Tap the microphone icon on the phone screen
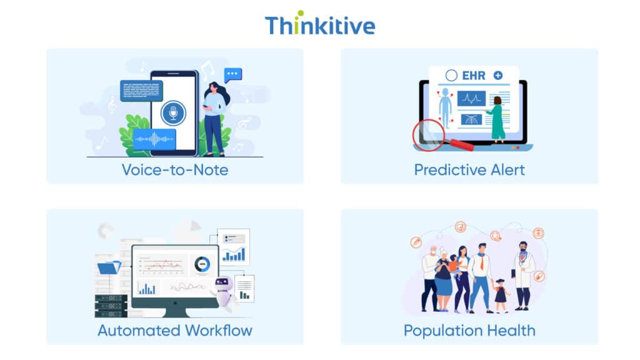tap(172, 113)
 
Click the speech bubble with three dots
tap(232, 74)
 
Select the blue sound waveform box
tap(154, 139)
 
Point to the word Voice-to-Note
tap(174, 169)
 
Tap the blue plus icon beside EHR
tap(498, 75)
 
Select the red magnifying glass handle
tap(461, 144)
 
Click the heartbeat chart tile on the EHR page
tap(471, 99)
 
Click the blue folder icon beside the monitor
tap(109, 267)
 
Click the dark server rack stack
tap(112, 304)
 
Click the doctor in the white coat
tap(523, 275)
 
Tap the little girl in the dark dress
tap(501, 294)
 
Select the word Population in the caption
tap(444, 330)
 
